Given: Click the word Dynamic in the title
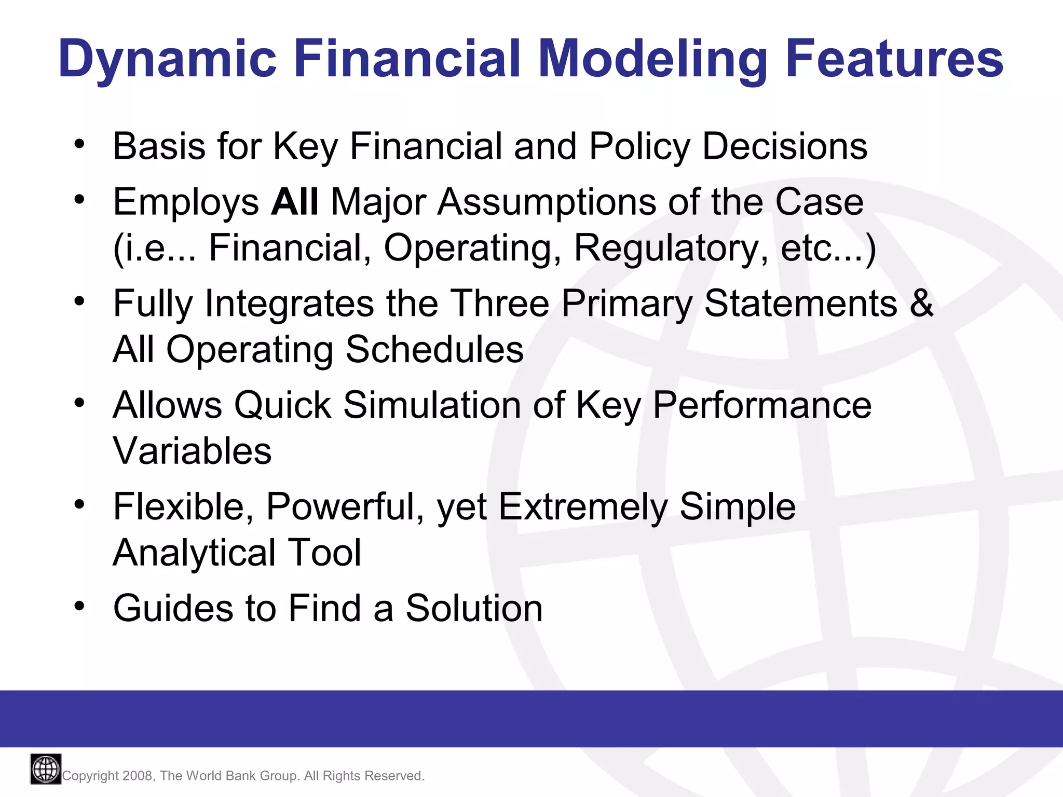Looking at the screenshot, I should coord(167,60).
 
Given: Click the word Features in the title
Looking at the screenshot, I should coord(894,60).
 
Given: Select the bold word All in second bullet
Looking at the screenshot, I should coord(294,202).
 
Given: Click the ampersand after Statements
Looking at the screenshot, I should coord(922,304).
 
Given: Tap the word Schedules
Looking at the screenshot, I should coord(434,349).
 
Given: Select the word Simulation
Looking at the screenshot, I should coord(432,405).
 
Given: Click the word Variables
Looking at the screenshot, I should coord(192,451).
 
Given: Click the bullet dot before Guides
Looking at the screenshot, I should coord(79,606).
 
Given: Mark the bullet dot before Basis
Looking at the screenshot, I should coord(79,144).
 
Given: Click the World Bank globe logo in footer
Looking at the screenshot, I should coord(46,769).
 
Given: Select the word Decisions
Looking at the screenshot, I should coord(784,147).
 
